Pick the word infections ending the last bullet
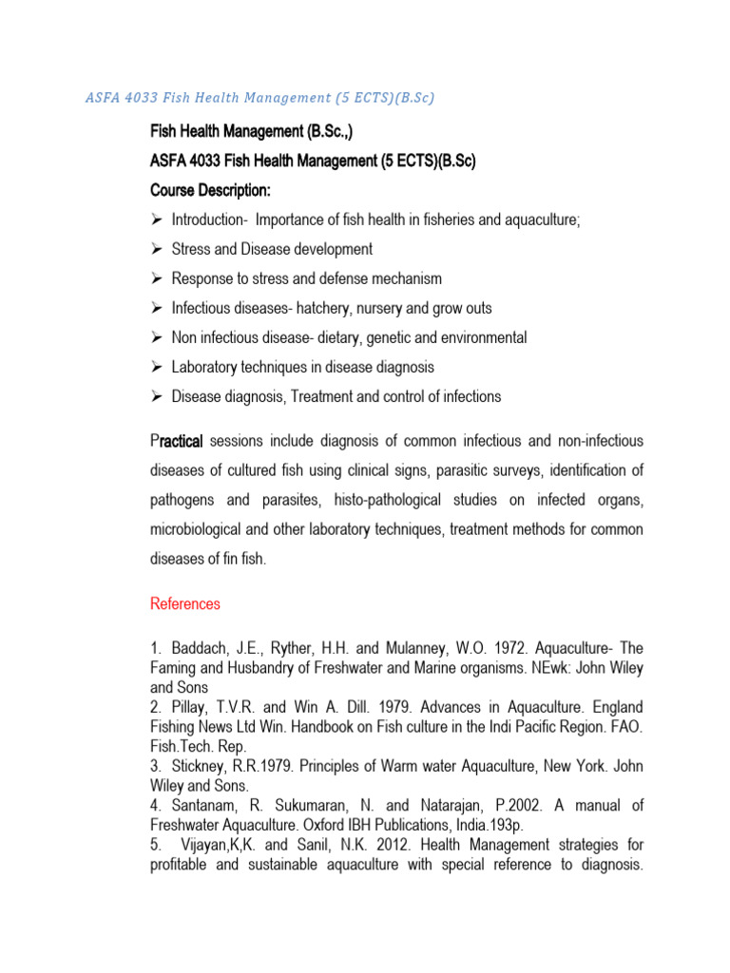click(x=468, y=396)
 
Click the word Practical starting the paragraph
click(x=177, y=441)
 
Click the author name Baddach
click(x=200, y=648)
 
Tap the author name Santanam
click(x=206, y=806)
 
